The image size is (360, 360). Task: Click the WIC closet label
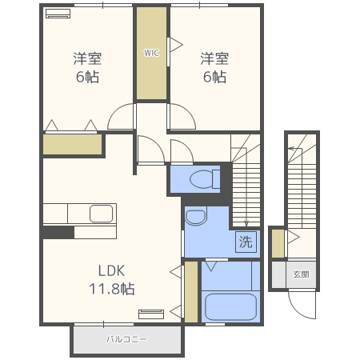(151, 53)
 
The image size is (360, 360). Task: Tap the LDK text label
(111, 271)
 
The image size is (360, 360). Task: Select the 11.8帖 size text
(112, 289)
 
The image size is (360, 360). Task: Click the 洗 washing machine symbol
(246, 242)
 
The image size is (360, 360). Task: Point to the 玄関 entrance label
(301, 274)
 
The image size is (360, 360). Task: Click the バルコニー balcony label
(126, 339)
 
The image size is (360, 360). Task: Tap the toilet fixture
(205, 179)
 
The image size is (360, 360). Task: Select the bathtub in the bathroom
(230, 306)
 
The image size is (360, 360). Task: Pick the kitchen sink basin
(101, 214)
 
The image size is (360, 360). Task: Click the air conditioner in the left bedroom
(58, 14)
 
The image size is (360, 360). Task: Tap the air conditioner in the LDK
(151, 314)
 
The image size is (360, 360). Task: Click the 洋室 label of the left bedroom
(87, 58)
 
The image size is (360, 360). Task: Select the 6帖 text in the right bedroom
(214, 77)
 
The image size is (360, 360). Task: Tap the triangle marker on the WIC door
(176, 45)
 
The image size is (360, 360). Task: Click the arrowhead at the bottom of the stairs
(246, 224)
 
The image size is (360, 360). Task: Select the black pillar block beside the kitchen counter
(58, 232)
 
